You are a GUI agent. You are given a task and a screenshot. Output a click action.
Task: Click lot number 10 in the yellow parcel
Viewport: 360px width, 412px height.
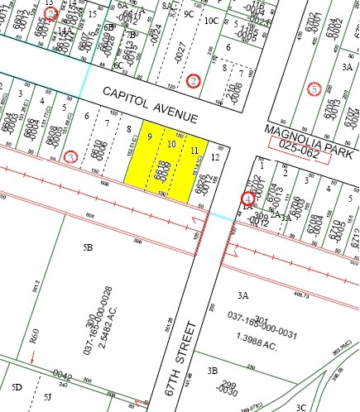pos(171,144)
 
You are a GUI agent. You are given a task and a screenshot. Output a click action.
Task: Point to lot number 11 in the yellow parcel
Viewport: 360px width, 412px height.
pos(194,151)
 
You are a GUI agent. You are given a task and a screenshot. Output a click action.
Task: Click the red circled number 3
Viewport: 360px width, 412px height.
pos(72,156)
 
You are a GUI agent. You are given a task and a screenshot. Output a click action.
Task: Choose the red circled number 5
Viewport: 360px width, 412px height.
pos(314,89)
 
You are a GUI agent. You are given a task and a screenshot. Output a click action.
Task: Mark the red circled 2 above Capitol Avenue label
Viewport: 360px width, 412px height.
pos(194,80)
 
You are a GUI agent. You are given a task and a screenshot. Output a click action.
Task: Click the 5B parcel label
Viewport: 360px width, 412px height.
pos(88,247)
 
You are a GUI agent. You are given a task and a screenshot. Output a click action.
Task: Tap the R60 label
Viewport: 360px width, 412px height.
pos(35,335)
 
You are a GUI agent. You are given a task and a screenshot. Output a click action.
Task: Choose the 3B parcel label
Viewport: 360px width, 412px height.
pos(213,371)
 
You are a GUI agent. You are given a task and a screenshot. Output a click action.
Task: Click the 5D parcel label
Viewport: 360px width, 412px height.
pos(17,387)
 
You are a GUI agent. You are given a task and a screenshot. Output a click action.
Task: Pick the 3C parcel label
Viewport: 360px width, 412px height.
pos(302,406)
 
